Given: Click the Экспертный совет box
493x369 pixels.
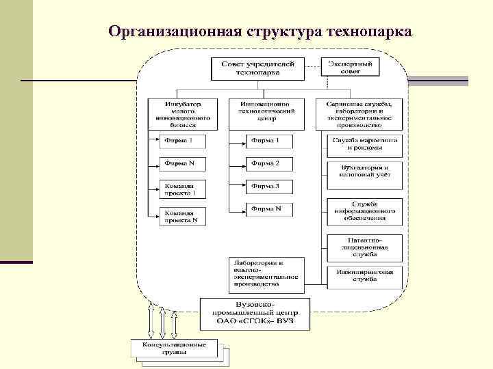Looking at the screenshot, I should [x=350, y=67].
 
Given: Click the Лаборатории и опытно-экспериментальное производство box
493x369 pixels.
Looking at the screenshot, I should [x=265, y=273].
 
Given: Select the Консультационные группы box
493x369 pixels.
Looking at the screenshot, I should [x=174, y=348].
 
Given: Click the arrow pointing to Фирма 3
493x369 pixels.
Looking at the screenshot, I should [x=237, y=186].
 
